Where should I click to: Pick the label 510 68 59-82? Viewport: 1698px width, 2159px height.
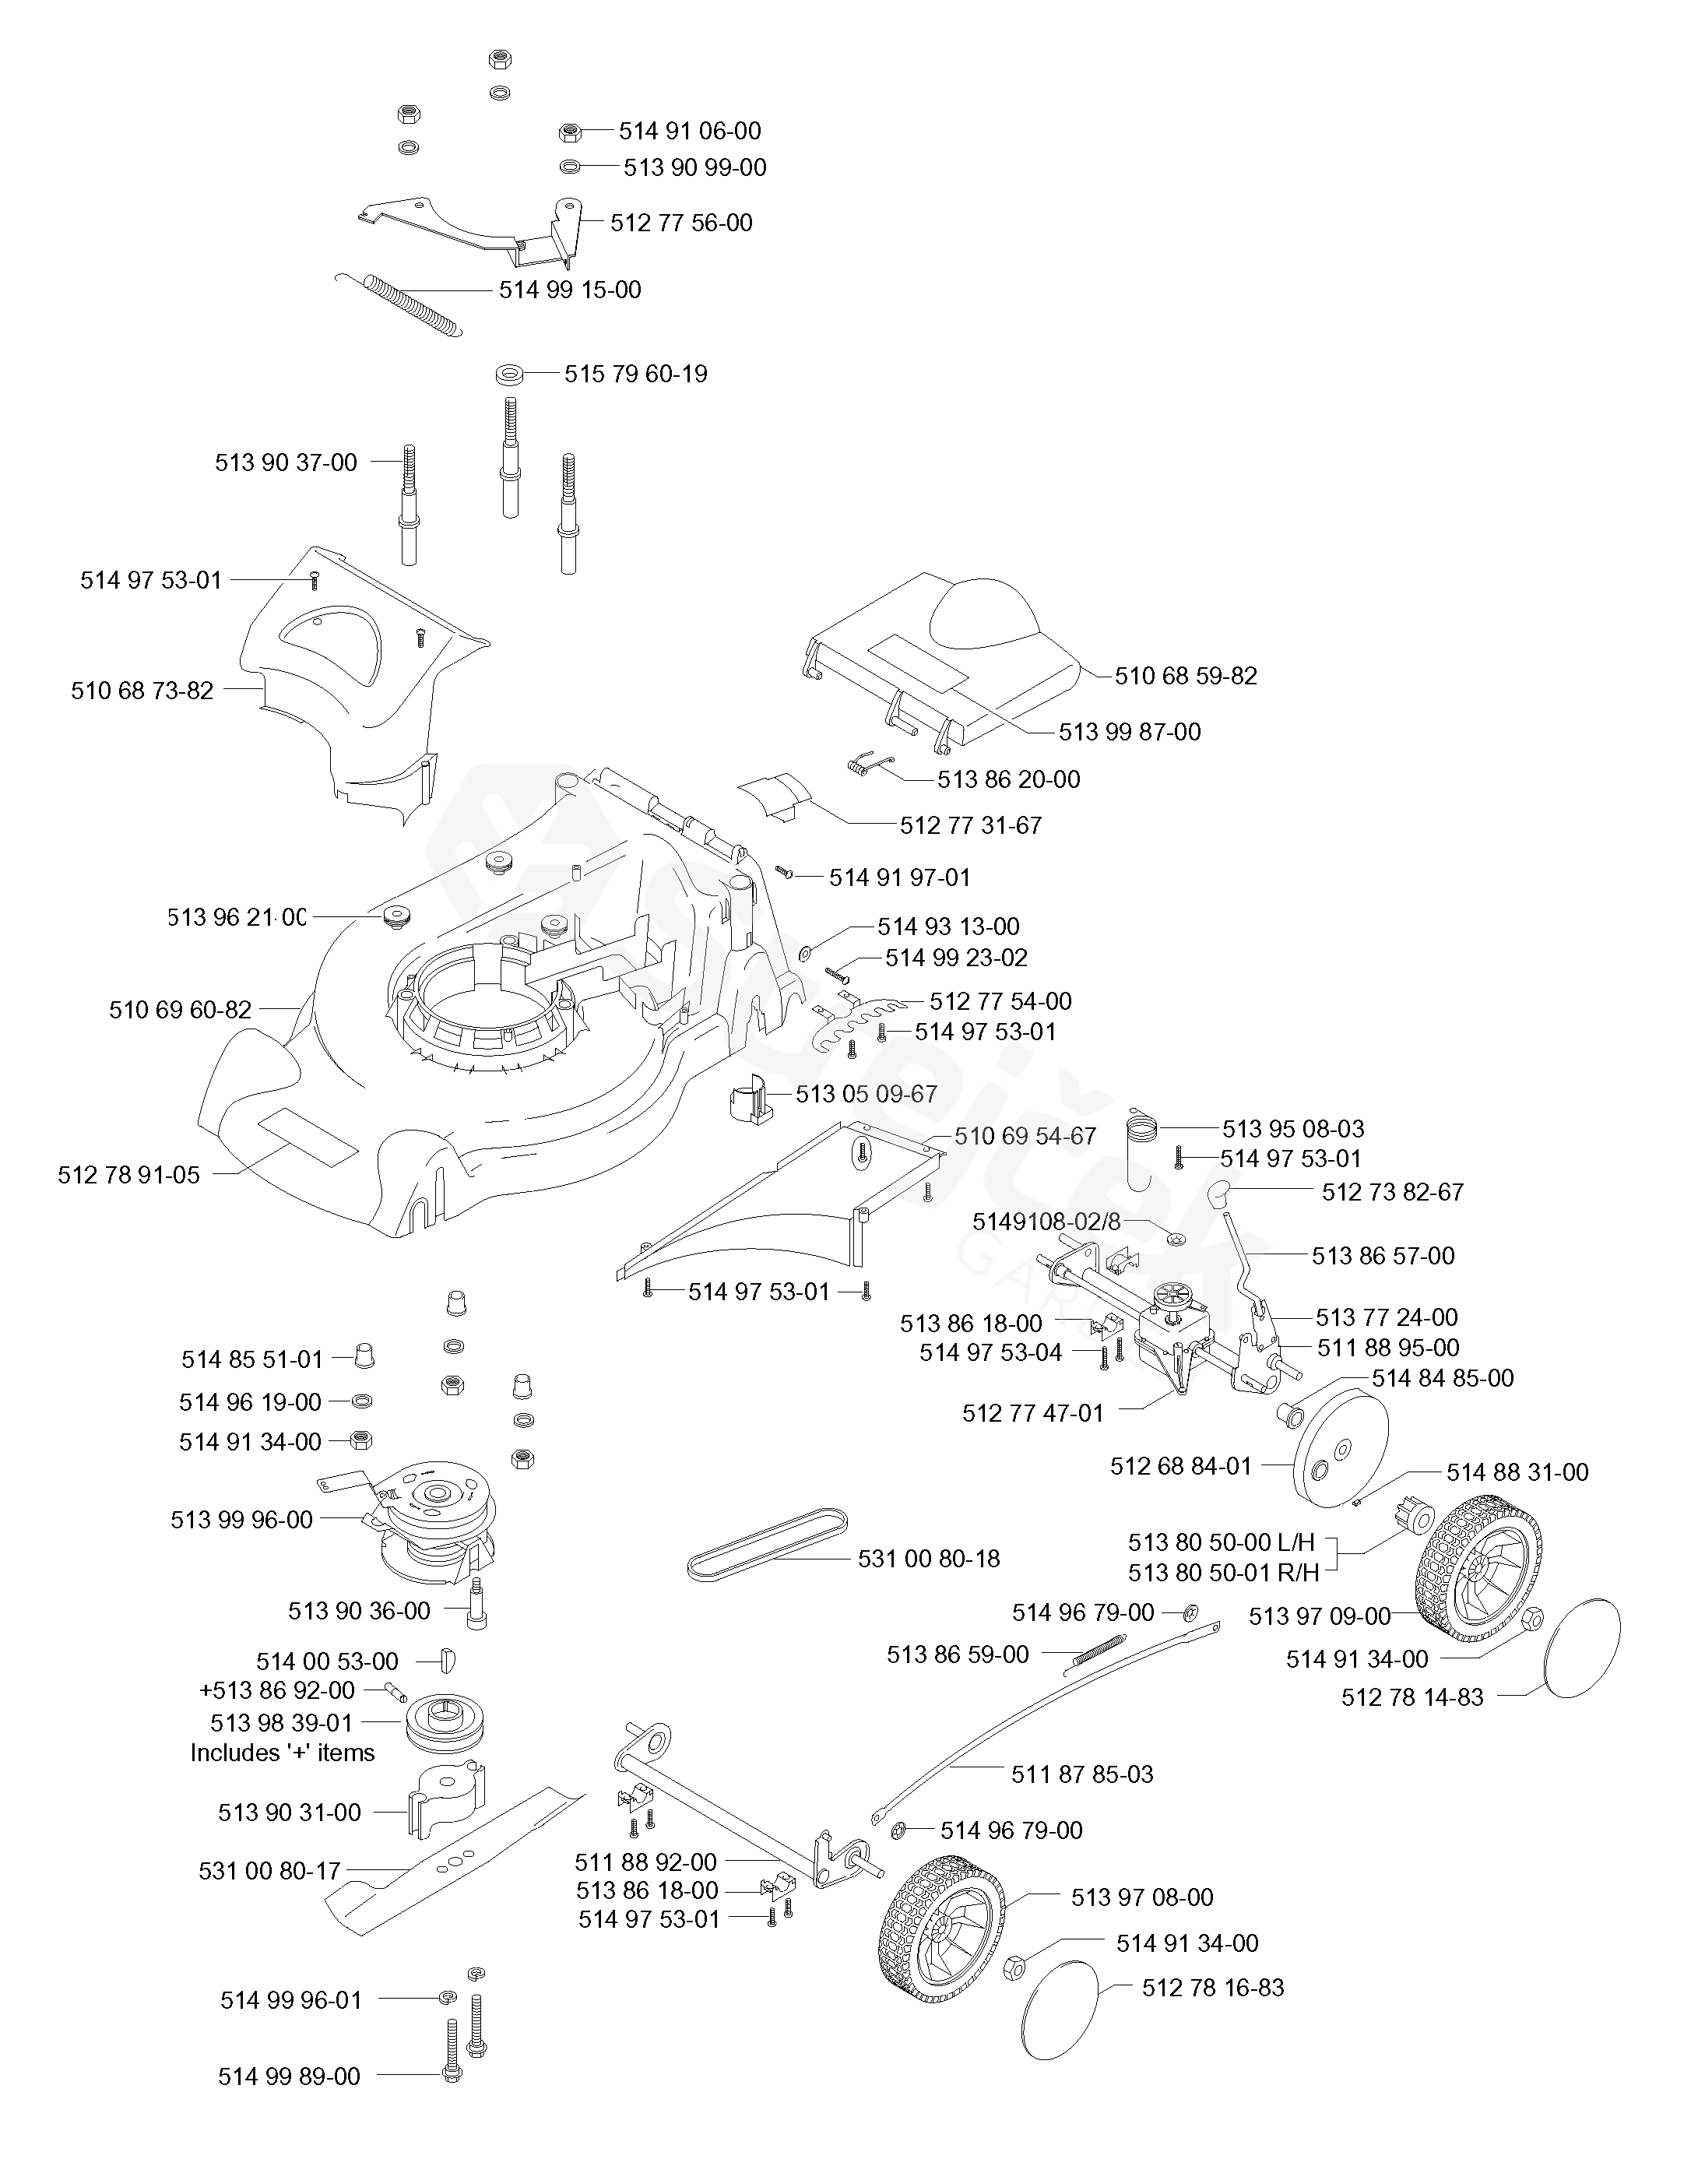[x=1185, y=676]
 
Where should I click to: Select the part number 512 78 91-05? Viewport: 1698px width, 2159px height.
[x=129, y=1175]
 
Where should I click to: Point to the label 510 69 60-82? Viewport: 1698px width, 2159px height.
[x=180, y=1010]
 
